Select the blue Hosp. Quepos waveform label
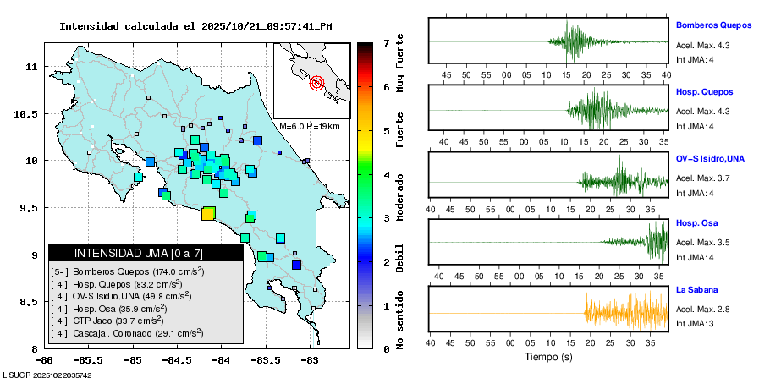704,91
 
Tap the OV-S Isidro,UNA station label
710,158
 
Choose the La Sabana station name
696,290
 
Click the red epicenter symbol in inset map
317,83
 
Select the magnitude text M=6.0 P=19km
309,126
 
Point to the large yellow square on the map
208,214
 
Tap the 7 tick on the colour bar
385,42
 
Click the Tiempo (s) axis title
547,356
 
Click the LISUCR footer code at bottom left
47,375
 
